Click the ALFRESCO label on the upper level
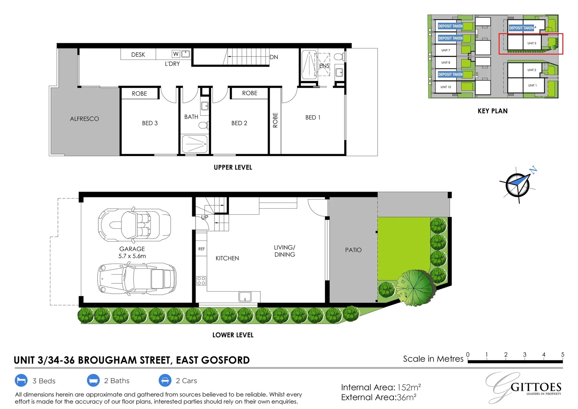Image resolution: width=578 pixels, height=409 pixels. (84, 119)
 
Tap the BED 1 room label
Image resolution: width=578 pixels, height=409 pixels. (313, 117)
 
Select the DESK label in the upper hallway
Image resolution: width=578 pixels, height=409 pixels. (138, 55)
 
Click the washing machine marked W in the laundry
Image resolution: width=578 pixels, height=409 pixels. (176, 54)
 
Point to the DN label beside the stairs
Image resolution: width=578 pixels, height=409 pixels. (274, 57)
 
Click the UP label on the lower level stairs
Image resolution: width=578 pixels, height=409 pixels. (205, 217)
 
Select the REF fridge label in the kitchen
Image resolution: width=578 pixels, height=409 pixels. (201, 249)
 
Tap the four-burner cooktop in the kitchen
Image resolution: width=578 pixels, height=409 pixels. (201, 281)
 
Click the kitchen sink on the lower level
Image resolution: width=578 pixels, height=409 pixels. (245, 297)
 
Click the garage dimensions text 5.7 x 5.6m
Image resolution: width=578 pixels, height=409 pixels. (132, 256)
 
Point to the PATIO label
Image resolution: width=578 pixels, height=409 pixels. (353, 250)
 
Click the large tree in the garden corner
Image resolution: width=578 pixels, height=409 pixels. (415, 287)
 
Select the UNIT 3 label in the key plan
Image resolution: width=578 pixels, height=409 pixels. (531, 43)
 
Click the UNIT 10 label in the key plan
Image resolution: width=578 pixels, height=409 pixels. (446, 87)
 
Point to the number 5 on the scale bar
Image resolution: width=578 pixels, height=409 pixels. (562, 354)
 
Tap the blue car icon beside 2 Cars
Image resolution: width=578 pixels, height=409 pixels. (165, 380)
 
